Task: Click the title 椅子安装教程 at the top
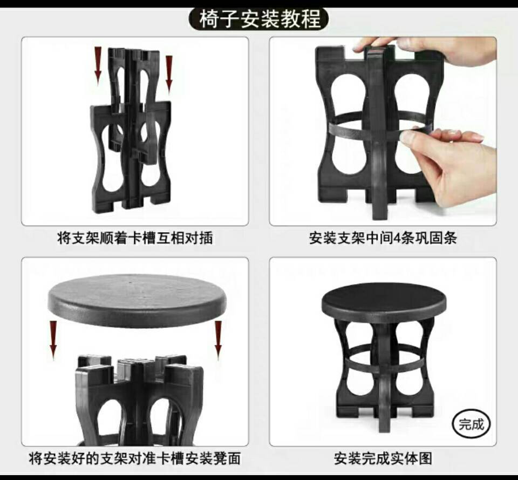[x=260, y=19]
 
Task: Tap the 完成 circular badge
[x=471, y=423]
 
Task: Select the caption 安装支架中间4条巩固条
[x=383, y=238]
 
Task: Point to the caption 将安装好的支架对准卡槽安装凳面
[x=134, y=459]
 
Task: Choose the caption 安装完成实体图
[x=383, y=459]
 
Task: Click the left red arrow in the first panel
[x=98, y=64]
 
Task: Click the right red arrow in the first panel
[x=169, y=73]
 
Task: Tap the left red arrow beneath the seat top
[x=53, y=338]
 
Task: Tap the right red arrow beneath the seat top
[x=218, y=338]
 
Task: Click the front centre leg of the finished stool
[x=384, y=389]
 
